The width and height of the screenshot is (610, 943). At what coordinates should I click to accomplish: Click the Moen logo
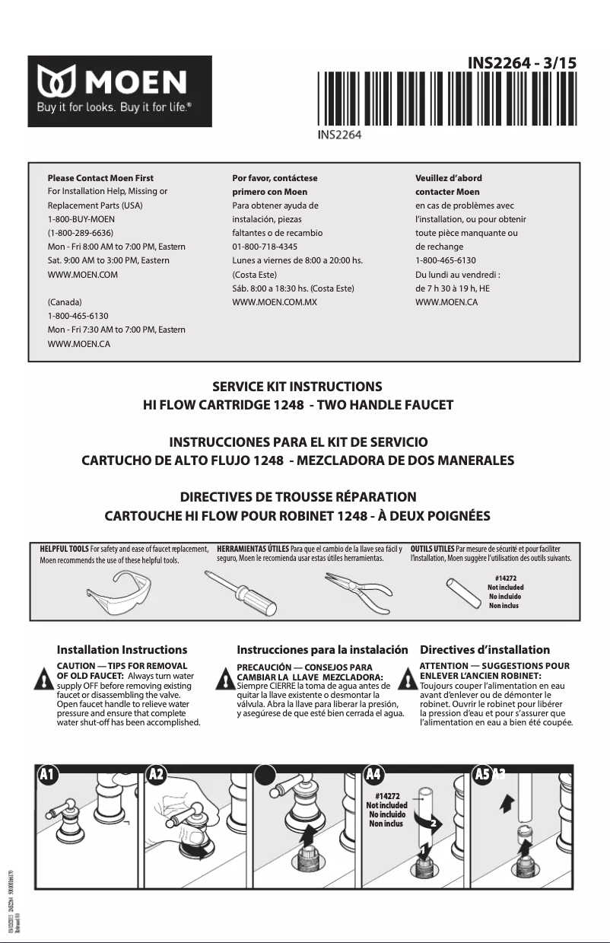tap(120, 91)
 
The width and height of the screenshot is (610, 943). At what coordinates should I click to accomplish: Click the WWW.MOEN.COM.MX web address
tap(274, 302)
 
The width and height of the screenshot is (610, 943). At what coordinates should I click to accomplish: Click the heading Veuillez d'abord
tap(449, 178)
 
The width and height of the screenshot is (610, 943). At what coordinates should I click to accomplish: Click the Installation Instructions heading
tap(122, 650)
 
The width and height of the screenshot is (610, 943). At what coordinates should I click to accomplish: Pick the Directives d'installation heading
tap(485, 650)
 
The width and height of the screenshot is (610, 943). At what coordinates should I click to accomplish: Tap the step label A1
tap(47, 774)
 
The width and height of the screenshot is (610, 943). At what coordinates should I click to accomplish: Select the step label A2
tap(157, 774)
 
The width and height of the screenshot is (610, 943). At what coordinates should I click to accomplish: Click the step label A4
tap(373, 774)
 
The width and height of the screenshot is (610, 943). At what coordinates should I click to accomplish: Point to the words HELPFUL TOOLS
tap(64, 548)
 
